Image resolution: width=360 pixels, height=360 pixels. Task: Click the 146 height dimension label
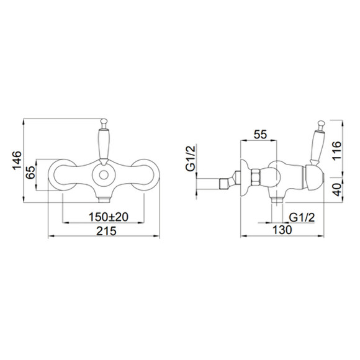tap(17, 161)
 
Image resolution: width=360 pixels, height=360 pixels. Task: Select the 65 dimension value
tap(30, 172)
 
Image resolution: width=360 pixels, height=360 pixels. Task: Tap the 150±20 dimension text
tap(109, 217)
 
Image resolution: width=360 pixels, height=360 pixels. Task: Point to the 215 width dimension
tap(106, 231)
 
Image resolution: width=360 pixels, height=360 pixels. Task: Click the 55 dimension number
tap(260, 134)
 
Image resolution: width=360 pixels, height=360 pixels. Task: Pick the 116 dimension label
tap(337, 151)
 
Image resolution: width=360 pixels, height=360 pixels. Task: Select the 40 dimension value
tap(337, 190)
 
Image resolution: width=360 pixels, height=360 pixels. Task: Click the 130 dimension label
tap(282, 230)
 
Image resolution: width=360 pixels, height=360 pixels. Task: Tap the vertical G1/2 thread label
tap(191, 158)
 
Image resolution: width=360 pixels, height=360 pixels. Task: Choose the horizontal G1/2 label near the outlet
tap(302, 217)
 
